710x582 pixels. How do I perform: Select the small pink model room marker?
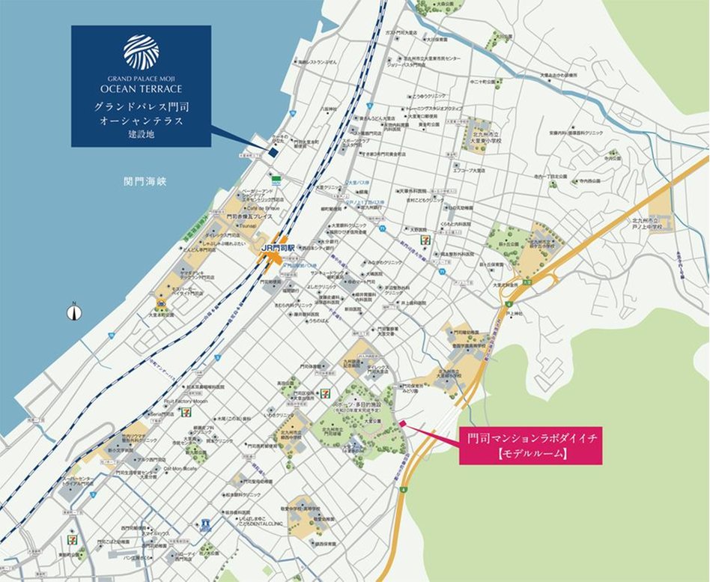pyautogui.click(x=402, y=424)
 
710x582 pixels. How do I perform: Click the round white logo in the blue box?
pyautogui.click(x=141, y=51)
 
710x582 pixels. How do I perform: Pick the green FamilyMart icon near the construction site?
pyautogui.click(x=276, y=180)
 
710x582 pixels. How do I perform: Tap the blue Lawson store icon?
pyautogui.click(x=205, y=526)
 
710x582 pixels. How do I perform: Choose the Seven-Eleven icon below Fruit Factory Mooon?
pyautogui.click(x=185, y=411)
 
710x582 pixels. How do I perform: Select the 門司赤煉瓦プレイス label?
pyautogui.click(x=244, y=215)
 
